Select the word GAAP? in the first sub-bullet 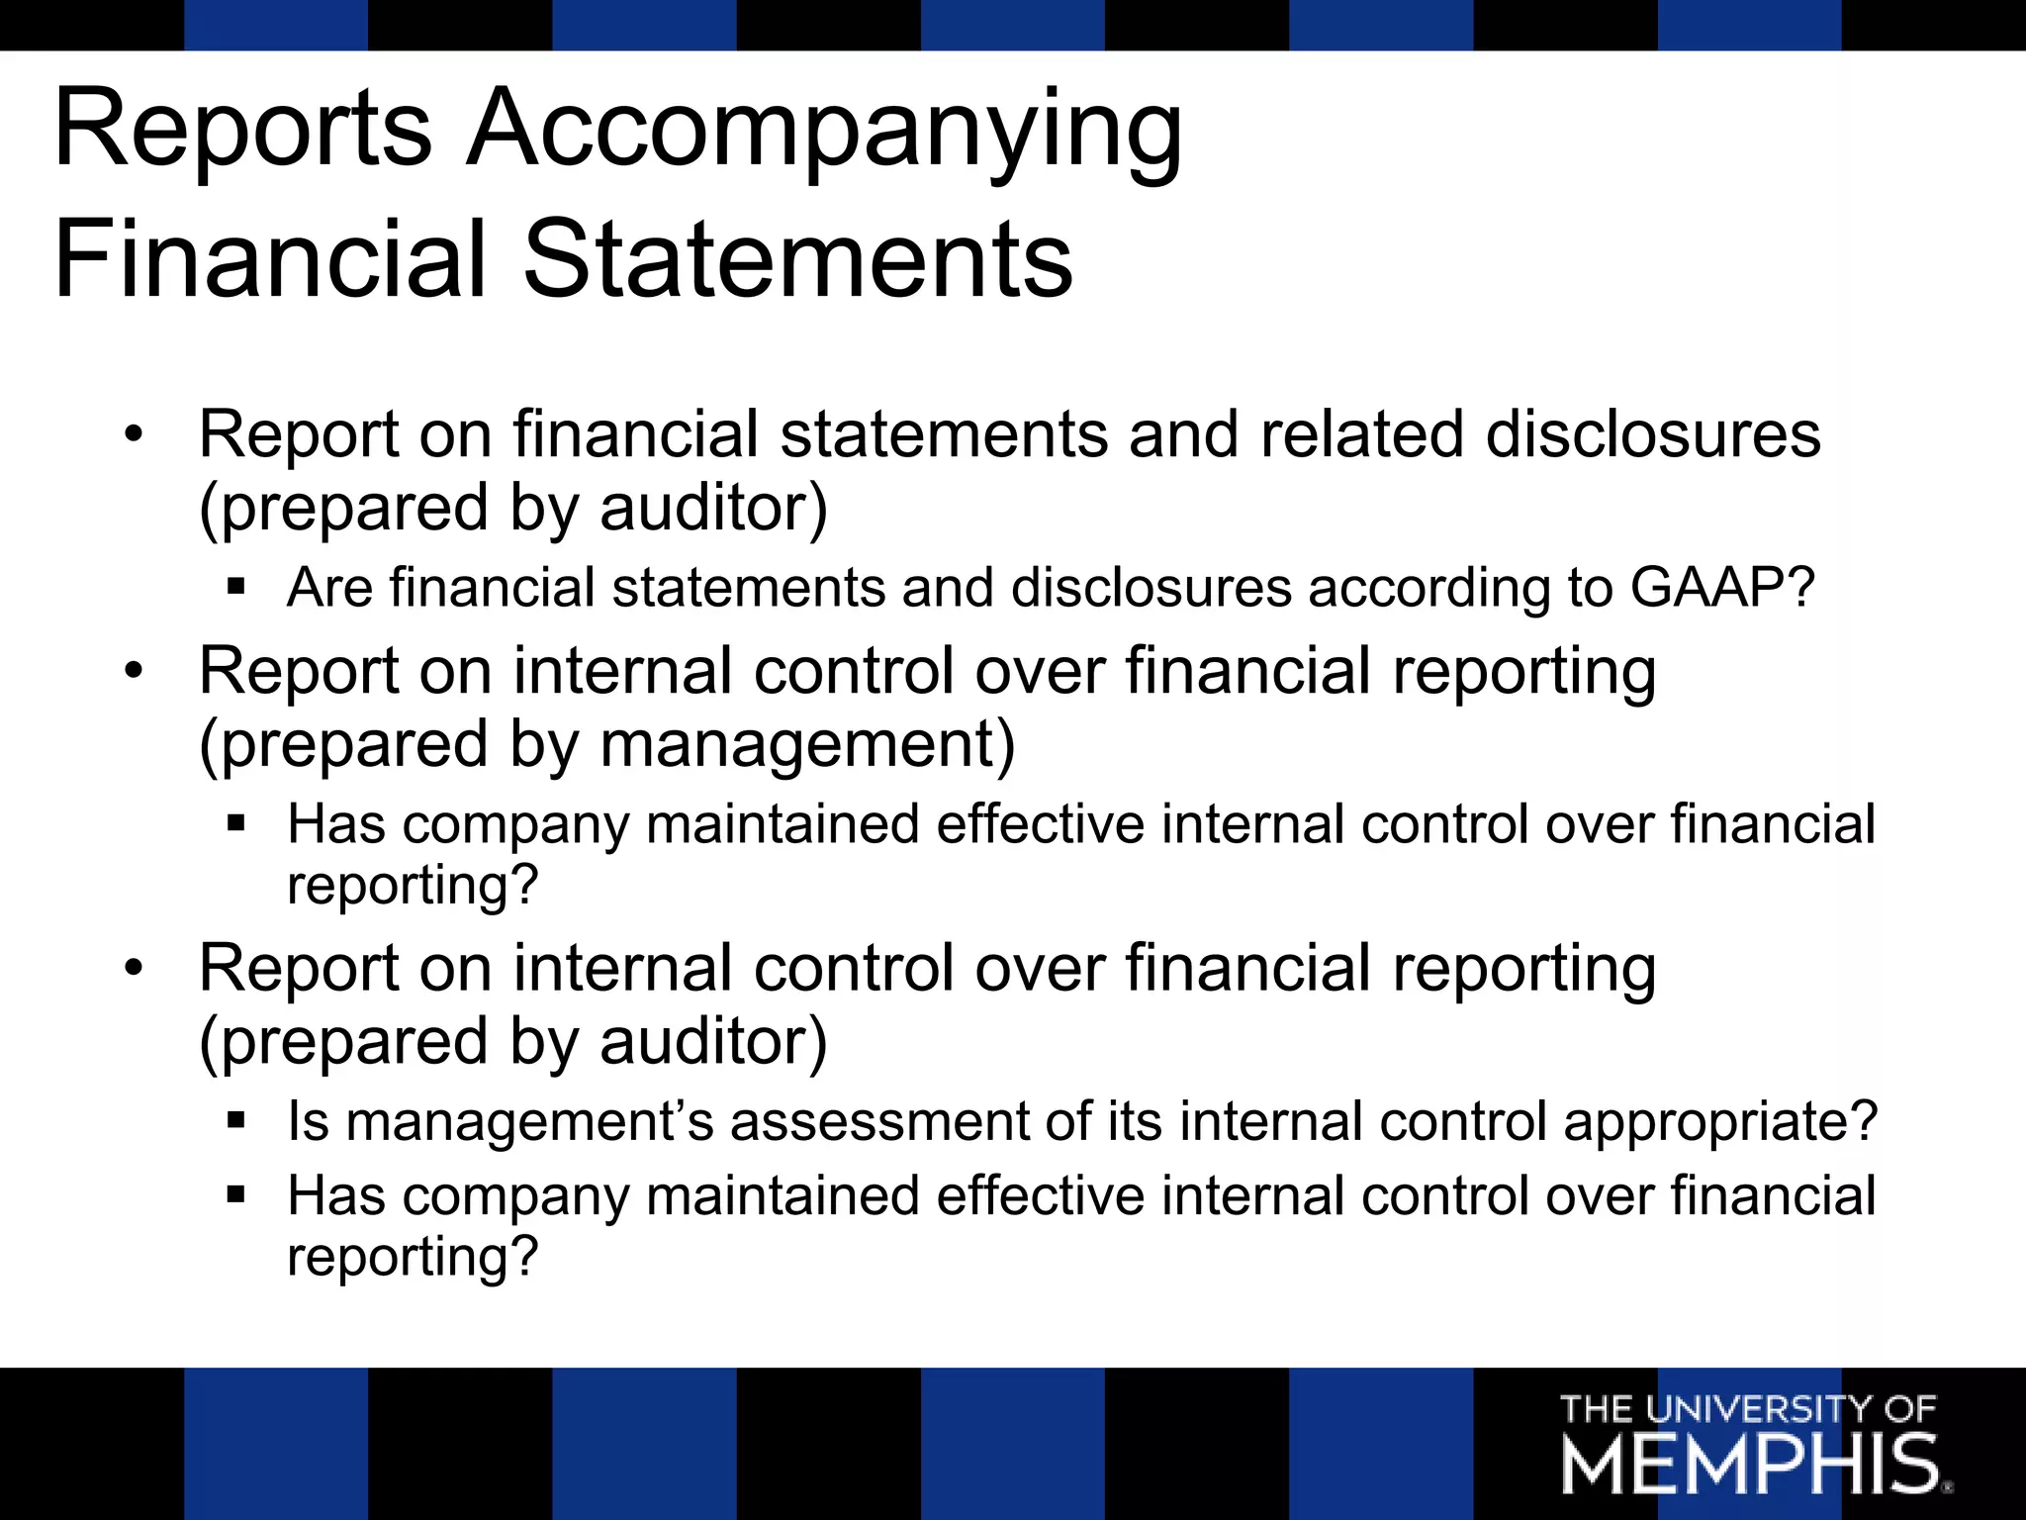[x=1722, y=588]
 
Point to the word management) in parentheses [x=807, y=745]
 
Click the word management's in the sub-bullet [x=529, y=1122]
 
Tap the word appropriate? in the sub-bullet [x=1720, y=1122]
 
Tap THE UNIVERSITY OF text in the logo [x=1747, y=1408]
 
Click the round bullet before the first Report [x=135, y=434]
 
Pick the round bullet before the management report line [x=135, y=671]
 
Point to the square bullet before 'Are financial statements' [x=235, y=587]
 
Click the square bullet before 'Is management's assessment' [x=235, y=1121]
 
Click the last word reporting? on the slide [x=413, y=1257]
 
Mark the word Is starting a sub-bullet [x=308, y=1122]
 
